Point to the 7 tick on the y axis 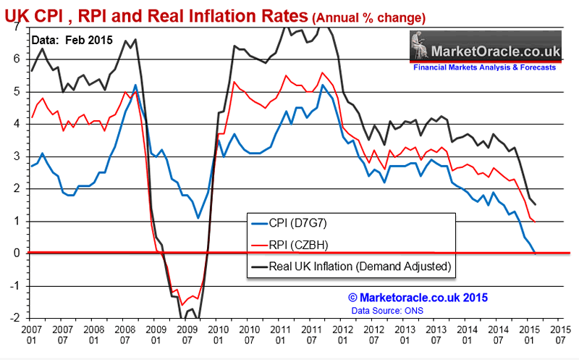(17, 26)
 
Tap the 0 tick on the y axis (17, 254)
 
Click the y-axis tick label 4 (17, 124)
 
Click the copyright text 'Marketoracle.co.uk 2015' (418, 297)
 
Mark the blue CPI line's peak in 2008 (136, 85)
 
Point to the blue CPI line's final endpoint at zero (535, 253)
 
